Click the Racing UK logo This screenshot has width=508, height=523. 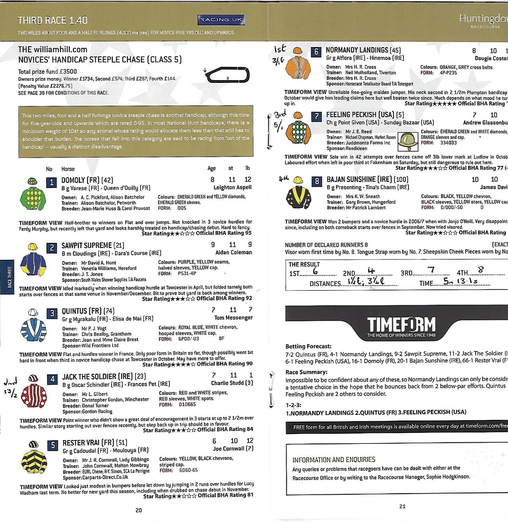(x=221, y=20)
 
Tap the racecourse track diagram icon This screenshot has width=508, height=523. (x=228, y=75)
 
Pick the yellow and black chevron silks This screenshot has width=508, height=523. (x=34, y=457)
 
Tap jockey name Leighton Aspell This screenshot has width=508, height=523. (x=233, y=188)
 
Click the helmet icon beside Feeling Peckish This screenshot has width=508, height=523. (x=408, y=141)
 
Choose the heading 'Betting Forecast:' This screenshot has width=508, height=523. (x=308, y=346)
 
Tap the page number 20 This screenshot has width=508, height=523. (x=138, y=510)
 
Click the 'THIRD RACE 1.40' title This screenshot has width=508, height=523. (x=53, y=20)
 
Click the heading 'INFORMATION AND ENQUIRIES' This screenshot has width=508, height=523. (x=334, y=460)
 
